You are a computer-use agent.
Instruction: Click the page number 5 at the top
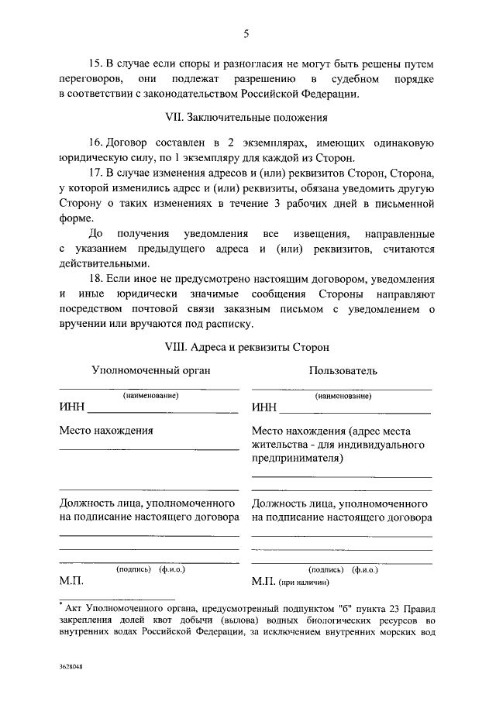[246, 33]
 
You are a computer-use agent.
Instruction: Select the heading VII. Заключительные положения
[246, 119]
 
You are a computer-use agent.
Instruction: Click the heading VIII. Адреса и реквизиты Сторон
[246, 347]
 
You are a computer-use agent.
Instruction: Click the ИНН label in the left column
[72, 408]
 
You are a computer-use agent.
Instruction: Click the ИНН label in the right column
[264, 408]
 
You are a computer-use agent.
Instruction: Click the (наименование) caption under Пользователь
[341, 396]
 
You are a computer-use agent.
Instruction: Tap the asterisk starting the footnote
[61, 601]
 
